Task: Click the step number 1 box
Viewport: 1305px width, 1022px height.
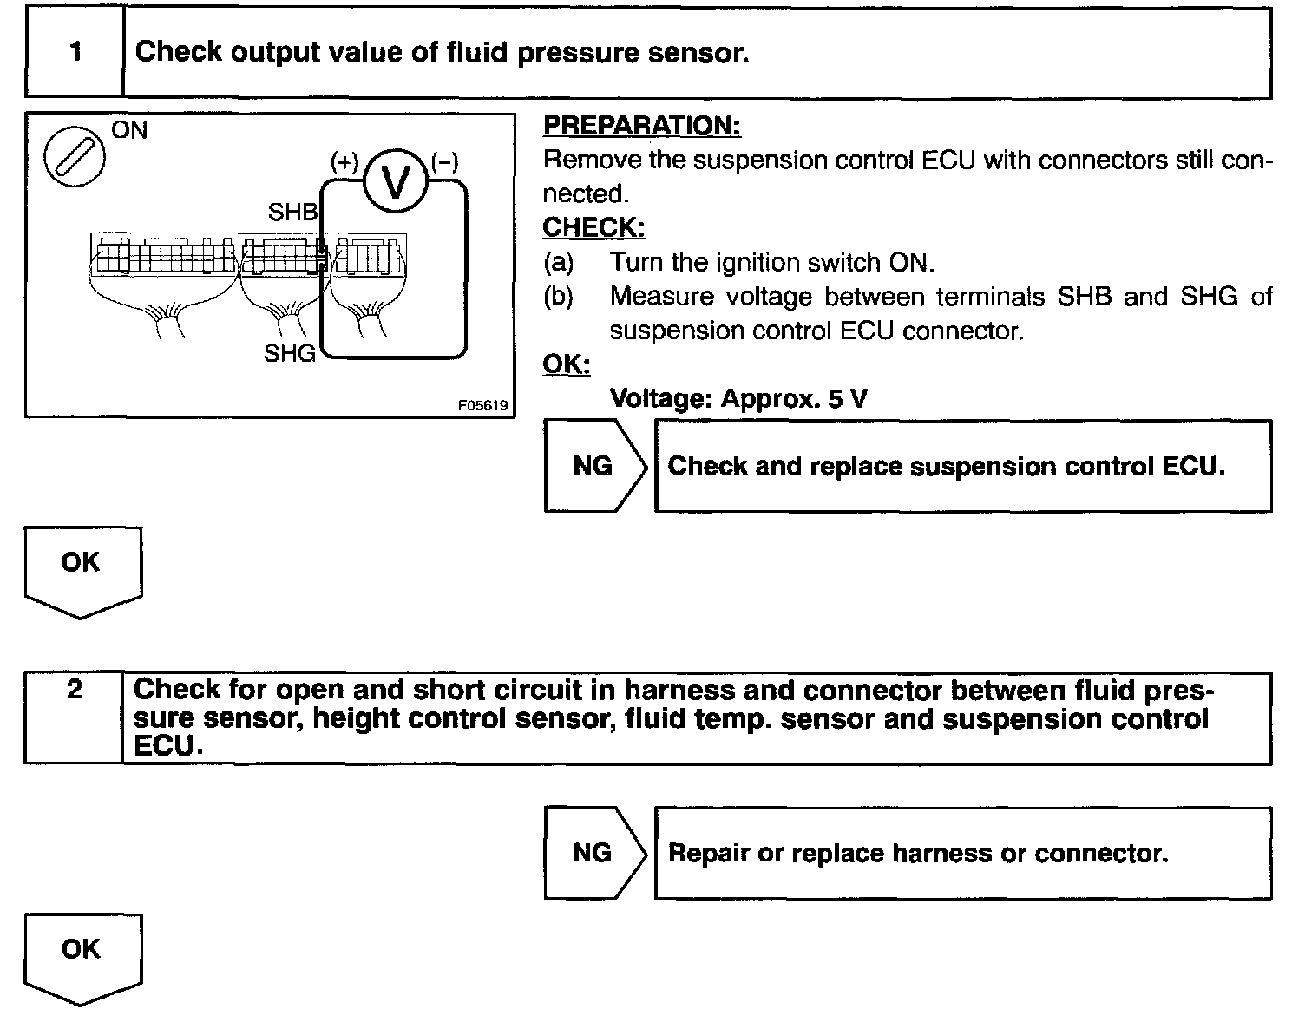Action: (x=75, y=53)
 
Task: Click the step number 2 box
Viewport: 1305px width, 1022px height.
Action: (x=75, y=718)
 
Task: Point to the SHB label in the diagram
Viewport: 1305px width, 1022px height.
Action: (x=292, y=213)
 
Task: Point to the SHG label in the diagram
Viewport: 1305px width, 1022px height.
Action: (x=290, y=353)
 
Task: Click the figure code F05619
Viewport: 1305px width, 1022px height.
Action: (x=483, y=405)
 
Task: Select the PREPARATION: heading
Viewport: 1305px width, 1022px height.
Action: (x=641, y=126)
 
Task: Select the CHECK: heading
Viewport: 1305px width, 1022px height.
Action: (x=593, y=227)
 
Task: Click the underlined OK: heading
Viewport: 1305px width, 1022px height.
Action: (x=566, y=364)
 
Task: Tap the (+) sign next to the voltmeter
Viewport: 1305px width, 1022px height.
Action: (x=344, y=162)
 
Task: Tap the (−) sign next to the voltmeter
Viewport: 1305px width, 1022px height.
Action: (x=444, y=162)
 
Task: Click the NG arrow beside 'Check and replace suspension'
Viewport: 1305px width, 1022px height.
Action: (x=594, y=466)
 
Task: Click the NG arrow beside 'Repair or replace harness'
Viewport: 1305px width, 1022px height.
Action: (x=594, y=853)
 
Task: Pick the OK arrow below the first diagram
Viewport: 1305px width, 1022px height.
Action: (x=82, y=568)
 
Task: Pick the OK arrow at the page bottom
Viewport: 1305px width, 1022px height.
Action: (x=82, y=955)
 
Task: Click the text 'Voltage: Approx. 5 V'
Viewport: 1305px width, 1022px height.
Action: (x=738, y=398)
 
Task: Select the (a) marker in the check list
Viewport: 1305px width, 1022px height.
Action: (x=558, y=262)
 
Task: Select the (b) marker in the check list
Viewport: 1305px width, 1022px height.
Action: (x=558, y=297)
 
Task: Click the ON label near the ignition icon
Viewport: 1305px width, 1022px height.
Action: (x=130, y=131)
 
